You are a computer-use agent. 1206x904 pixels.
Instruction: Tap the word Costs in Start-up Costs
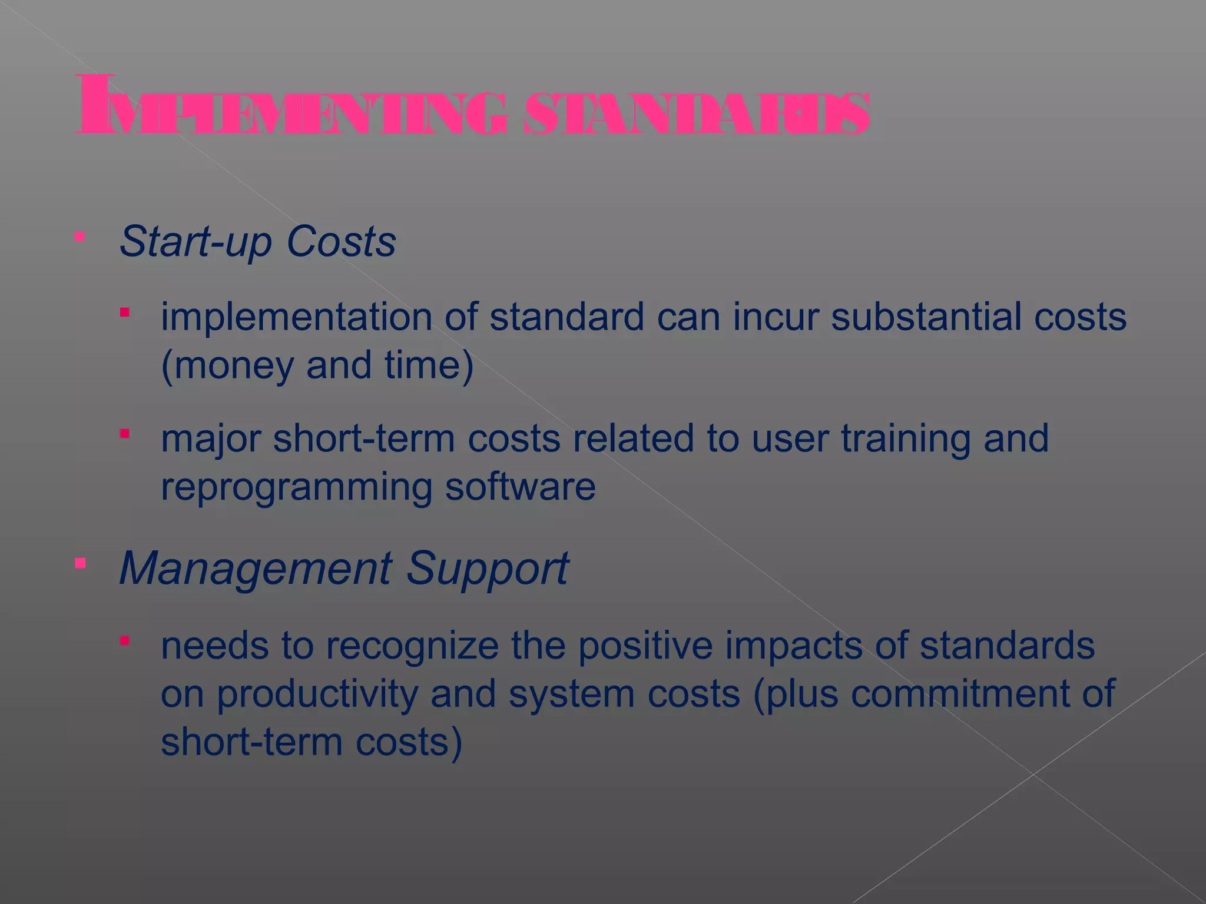tap(341, 241)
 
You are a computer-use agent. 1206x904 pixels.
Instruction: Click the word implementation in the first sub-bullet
tap(297, 318)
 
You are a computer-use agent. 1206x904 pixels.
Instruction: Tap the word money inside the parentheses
tap(233, 365)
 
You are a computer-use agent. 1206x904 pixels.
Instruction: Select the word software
tap(521, 487)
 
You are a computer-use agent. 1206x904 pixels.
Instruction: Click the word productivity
tap(318, 694)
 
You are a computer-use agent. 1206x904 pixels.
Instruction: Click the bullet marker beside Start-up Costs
tap(81, 237)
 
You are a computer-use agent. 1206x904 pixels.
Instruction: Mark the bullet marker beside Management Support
tap(81, 564)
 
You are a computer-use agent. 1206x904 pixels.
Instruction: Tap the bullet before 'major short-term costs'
tap(124, 434)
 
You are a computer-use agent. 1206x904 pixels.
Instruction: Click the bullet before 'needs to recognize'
tap(124, 640)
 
